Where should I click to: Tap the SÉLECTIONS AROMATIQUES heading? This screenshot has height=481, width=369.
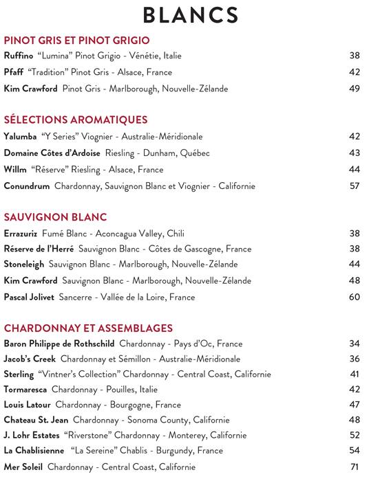tap(76, 120)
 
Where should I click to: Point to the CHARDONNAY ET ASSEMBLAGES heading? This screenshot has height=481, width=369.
tap(88, 328)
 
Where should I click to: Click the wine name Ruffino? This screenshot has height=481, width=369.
tap(18, 56)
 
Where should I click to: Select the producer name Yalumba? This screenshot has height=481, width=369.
tap(21, 137)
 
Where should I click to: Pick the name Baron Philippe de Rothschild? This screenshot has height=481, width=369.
tap(59, 343)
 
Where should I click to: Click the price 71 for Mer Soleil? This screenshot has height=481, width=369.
tap(355, 467)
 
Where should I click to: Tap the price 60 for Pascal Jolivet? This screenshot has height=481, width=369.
tap(355, 298)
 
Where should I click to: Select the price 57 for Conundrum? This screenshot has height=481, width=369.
tap(355, 186)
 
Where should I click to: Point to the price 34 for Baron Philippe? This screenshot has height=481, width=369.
tap(355, 343)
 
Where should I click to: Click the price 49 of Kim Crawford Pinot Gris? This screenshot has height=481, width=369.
tap(355, 89)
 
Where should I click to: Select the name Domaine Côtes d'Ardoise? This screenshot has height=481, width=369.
tap(52, 153)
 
